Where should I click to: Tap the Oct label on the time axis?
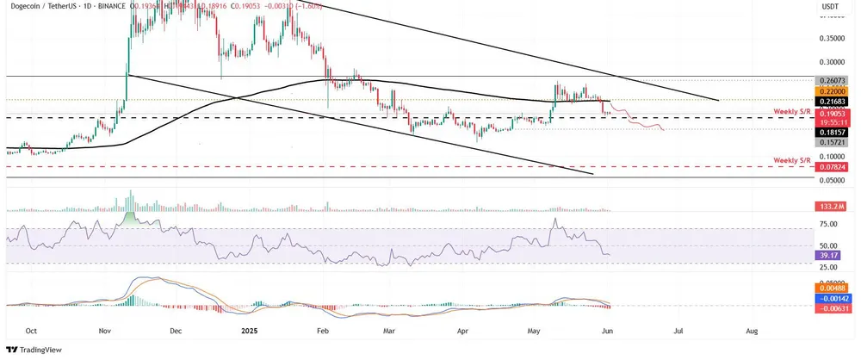tap(31, 330)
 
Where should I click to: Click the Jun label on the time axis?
tap(608, 330)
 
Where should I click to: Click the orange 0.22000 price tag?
tap(833, 90)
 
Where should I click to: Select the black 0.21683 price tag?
tap(833, 102)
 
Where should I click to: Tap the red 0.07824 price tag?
tap(833, 167)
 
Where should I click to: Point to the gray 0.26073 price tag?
tap(833, 79)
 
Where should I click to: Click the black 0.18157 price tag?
tap(833, 131)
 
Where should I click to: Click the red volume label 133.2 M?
tap(832, 208)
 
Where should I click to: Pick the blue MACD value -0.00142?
tap(833, 298)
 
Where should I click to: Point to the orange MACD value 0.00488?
tap(833, 289)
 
